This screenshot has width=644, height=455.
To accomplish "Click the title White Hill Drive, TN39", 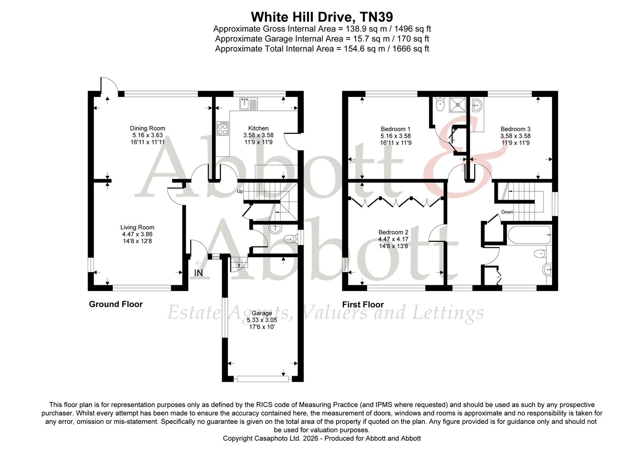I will [x=322, y=17].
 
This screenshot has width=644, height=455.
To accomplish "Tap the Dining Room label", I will [x=148, y=128].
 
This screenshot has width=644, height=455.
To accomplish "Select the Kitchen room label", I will [x=258, y=128].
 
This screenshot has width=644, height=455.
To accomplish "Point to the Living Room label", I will [x=137, y=227].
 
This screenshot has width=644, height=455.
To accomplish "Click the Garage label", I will [x=262, y=313].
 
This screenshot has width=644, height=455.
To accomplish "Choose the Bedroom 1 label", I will [x=395, y=129].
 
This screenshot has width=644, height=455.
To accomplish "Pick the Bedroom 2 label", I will [x=393, y=232].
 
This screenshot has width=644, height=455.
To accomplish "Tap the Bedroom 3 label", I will [x=515, y=129].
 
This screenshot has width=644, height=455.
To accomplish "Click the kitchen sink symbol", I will [x=248, y=104].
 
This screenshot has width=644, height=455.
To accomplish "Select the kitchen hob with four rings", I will [x=223, y=128].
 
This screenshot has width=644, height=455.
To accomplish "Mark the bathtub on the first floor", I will [x=528, y=236].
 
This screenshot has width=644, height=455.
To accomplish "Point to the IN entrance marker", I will [x=198, y=273].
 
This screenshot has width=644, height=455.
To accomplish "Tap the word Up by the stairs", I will [x=240, y=191].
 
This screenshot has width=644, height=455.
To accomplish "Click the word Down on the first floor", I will [x=507, y=212].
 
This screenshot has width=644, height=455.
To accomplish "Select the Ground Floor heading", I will [x=115, y=304].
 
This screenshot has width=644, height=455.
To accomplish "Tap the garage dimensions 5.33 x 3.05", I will [x=262, y=320].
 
